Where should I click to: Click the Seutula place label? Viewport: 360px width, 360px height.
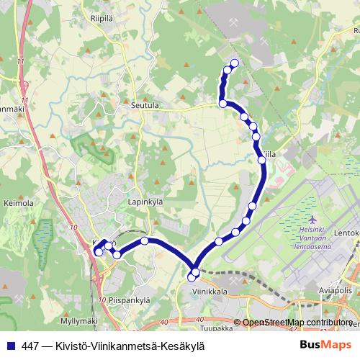tap(145, 105)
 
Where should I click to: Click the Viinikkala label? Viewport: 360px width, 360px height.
tap(210, 292)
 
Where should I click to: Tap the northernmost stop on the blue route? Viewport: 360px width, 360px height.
tap(234, 63)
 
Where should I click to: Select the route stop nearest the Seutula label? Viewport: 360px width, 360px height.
tap(223, 104)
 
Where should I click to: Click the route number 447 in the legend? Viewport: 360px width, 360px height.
tap(30, 346)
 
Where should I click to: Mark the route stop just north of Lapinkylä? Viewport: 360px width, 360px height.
tap(145, 241)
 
